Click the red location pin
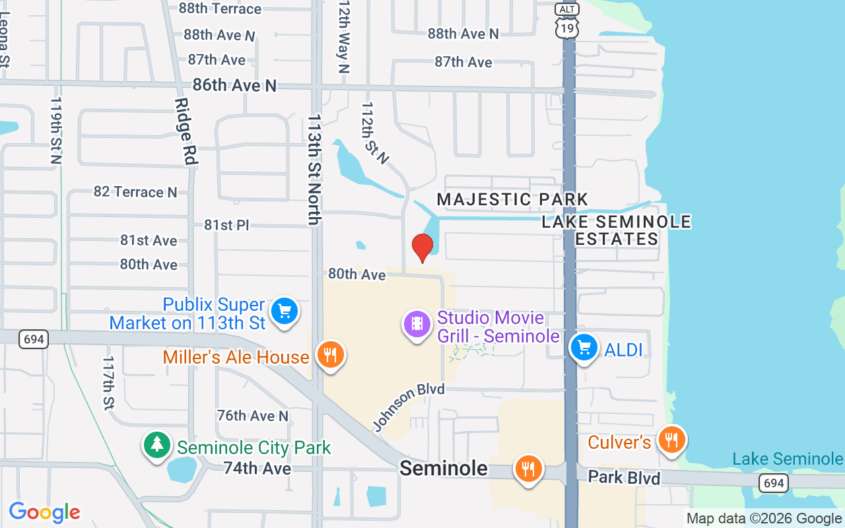[x=422, y=247]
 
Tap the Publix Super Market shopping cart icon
[x=285, y=311]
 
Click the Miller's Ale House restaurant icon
[x=330, y=356]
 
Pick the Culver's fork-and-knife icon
[x=671, y=440]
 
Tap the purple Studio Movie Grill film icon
[x=417, y=324]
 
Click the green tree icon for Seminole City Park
[x=157, y=445]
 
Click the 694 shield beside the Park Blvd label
[x=773, y=484]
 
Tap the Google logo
[x=44, y=512]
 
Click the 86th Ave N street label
[x=234, y=85]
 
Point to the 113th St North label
[x=315, y=170]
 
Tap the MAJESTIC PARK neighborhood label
[x=512, y=199]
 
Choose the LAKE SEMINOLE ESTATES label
[x=617, y=230]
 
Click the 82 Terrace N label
[x=135, y=192]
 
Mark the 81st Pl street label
[x=226, y=225]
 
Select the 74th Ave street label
[x=257, y=469]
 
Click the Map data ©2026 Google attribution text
[x=764, y=519]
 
